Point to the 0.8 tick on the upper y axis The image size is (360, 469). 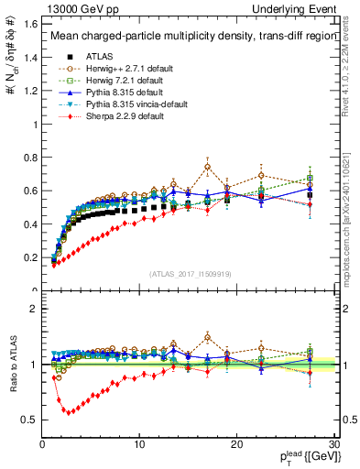click(28, 157)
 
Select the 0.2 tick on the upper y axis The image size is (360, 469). click(28, 257)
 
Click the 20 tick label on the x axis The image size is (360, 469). click(236, 444)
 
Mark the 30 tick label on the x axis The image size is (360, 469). click(333, 444)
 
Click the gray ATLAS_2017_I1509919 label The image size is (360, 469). click(190, 272)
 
